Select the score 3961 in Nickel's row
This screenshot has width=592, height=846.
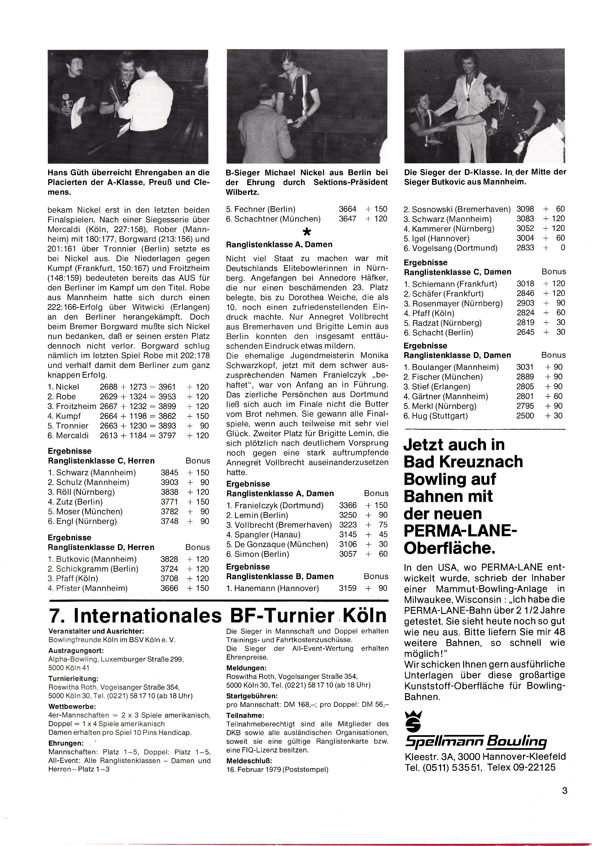point(167,387)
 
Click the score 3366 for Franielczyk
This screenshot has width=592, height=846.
point(348,505)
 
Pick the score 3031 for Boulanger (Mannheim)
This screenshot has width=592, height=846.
point(525,367)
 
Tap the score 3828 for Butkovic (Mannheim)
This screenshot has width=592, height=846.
point(169,559)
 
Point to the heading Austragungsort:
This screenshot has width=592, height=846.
point(76,651)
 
